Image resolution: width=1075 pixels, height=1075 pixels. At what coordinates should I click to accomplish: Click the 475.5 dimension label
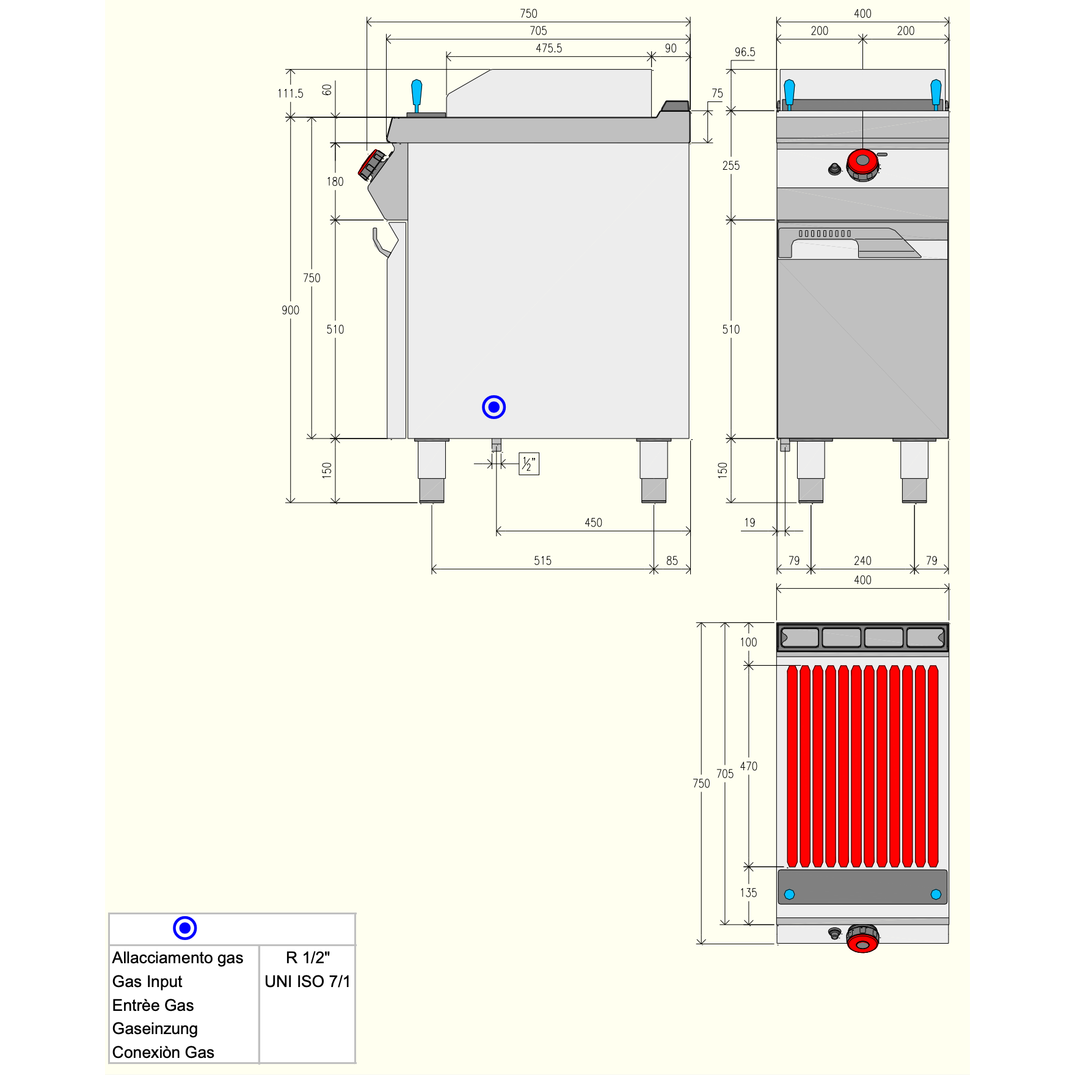[x=548, y=48]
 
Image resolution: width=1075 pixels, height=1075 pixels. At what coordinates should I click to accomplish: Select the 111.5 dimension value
[x=290, y=93]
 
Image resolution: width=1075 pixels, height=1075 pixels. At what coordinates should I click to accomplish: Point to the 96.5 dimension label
[x=745, y=52]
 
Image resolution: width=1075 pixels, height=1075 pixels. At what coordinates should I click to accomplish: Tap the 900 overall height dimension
[x=290, y=310]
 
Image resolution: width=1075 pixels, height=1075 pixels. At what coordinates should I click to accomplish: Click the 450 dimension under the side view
[x=593, y=522]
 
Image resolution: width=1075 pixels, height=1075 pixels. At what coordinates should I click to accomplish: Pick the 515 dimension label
[x=542, y=561]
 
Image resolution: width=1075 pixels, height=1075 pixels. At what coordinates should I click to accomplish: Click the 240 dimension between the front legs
[x=862, y=561]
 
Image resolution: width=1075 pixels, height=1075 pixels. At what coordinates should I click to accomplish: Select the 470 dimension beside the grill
[x=749, y=766]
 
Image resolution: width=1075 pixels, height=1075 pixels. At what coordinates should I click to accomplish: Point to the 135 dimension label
[x=749, y=892]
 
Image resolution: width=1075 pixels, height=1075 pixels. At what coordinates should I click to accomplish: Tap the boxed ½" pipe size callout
[x=529, y=464]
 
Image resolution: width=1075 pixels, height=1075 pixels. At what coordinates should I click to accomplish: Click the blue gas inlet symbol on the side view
[x=494, y=407]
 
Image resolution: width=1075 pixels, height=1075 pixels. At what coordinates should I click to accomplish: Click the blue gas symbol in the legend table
[x=184, y=928]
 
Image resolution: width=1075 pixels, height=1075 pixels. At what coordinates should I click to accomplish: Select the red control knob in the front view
[x=862, y=164]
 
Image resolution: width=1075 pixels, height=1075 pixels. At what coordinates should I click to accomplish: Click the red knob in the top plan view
[x=862, y=939]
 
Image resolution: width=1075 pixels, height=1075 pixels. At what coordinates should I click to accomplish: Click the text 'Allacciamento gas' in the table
[x=178, y=958]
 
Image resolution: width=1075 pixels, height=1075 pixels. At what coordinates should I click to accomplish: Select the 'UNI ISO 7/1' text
[x=307, y=982]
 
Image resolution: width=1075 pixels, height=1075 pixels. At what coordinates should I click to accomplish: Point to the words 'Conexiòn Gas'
[x=163, y=1052]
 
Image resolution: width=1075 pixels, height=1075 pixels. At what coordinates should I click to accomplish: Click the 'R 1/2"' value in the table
[x=308, y=957]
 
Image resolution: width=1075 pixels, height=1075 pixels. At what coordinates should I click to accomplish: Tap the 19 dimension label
[x=749, y=522]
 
